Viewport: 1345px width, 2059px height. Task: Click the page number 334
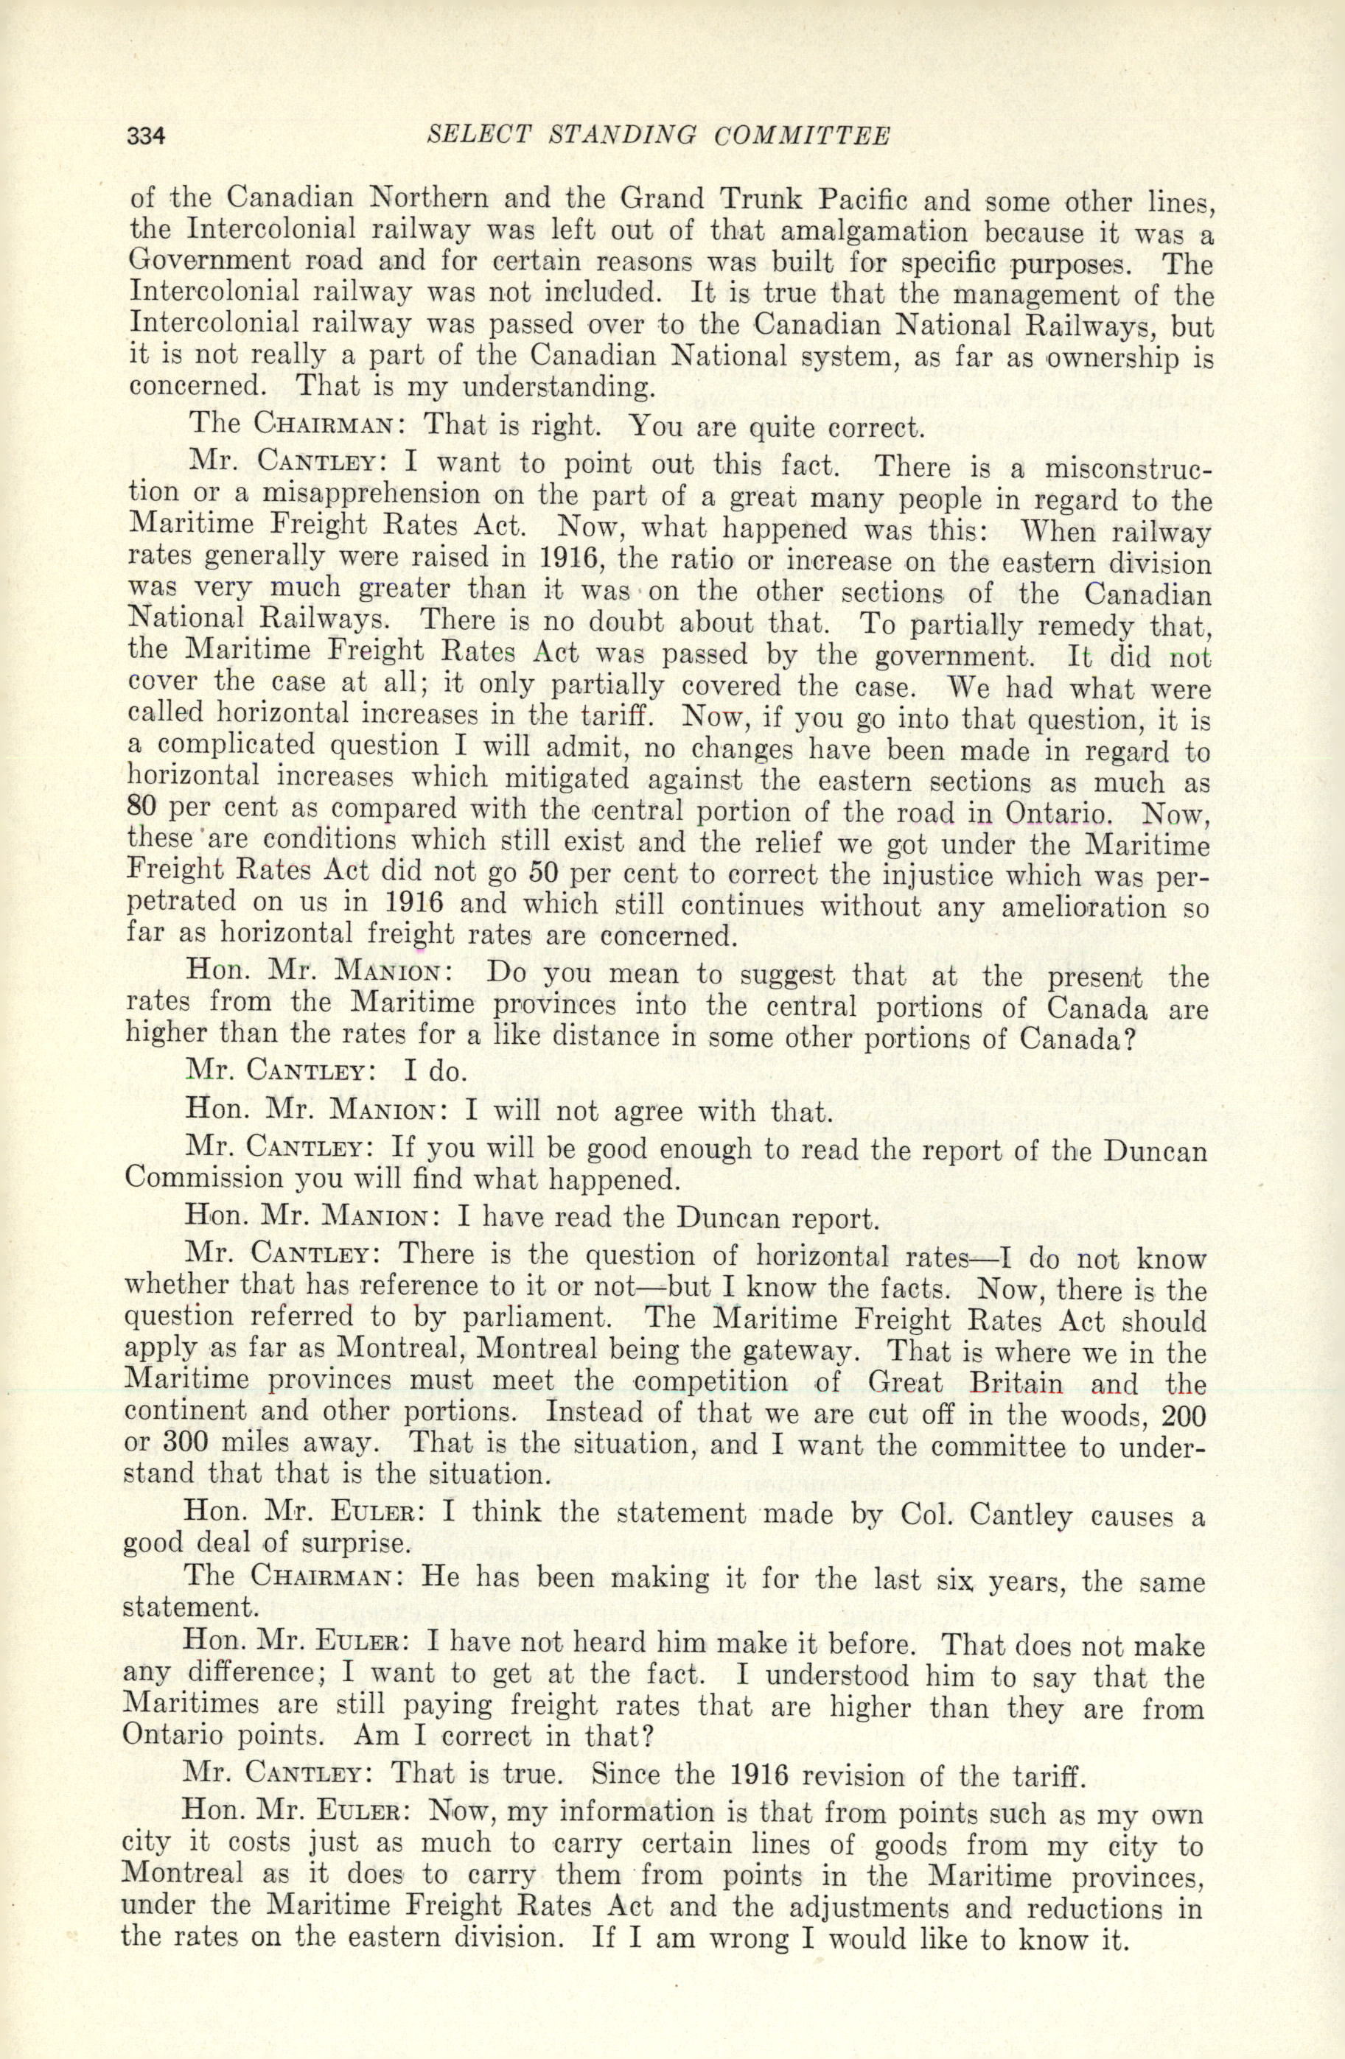(x=144, y=137)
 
